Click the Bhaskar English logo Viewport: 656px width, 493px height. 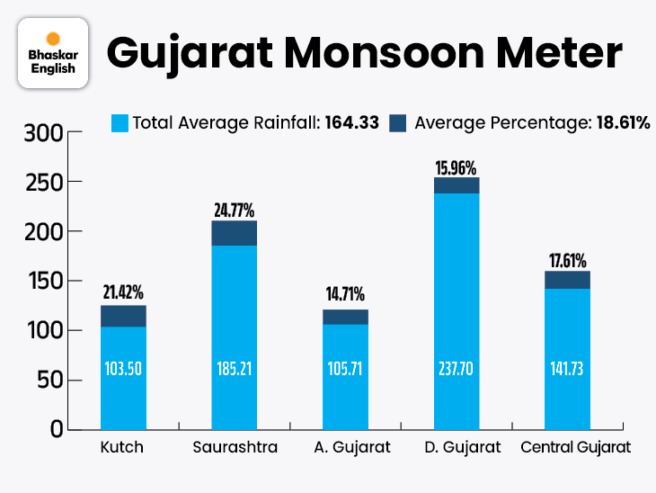[53, 53]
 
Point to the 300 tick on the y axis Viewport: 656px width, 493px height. [43, 133]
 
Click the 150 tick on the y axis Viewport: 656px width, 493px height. [43, 282]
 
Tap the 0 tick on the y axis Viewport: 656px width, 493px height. [54, 429]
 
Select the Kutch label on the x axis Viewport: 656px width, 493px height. [123, 447]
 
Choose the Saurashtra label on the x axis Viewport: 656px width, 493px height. [235, 447]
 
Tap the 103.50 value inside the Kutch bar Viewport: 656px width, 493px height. [123, 370]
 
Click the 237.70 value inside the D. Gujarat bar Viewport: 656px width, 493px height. [457, 370]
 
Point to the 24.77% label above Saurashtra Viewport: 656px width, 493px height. [235, 211]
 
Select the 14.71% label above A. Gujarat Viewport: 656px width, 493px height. [345, 295]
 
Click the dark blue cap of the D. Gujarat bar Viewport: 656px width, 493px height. [457, 185]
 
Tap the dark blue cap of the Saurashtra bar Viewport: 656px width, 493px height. [235, 233]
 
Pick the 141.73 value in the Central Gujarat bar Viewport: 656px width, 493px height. [568, 370]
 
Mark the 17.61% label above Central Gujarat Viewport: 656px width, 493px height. [568, 260]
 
